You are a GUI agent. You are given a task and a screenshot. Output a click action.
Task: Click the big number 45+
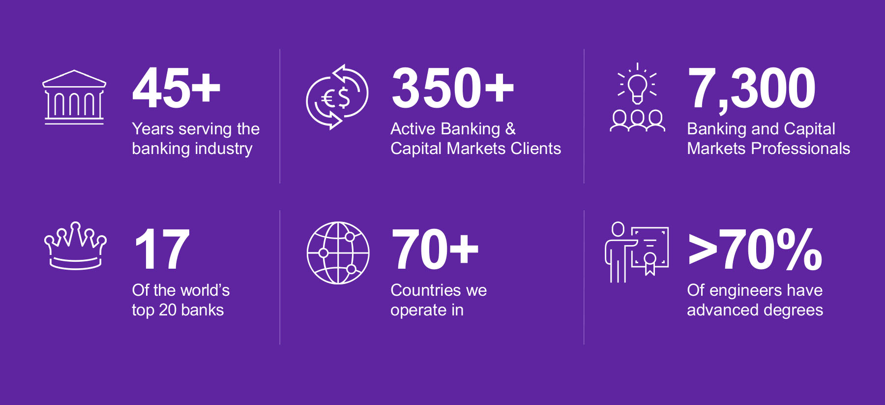click(x=177, y=88)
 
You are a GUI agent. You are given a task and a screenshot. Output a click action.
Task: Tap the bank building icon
click(x=74, y=97)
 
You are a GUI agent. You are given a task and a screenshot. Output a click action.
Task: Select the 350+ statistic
click(x=453, y=88)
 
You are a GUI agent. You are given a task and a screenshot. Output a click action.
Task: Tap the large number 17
click(x=161, y=249)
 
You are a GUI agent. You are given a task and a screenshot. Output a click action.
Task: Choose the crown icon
click(x=75, y=246)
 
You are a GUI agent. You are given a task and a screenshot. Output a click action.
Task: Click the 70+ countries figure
click(x=435, y=249)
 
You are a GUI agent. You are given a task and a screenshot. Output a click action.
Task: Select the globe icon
click(x=338, y=253)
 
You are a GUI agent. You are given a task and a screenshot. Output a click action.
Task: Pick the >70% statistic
click(x=755, y=249)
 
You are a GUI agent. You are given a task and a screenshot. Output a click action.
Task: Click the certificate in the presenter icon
click(x=650, y=250)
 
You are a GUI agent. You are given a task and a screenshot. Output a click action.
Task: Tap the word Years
click(x=153, y=129)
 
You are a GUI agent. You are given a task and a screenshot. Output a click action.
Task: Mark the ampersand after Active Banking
click(x=510, y=129)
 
